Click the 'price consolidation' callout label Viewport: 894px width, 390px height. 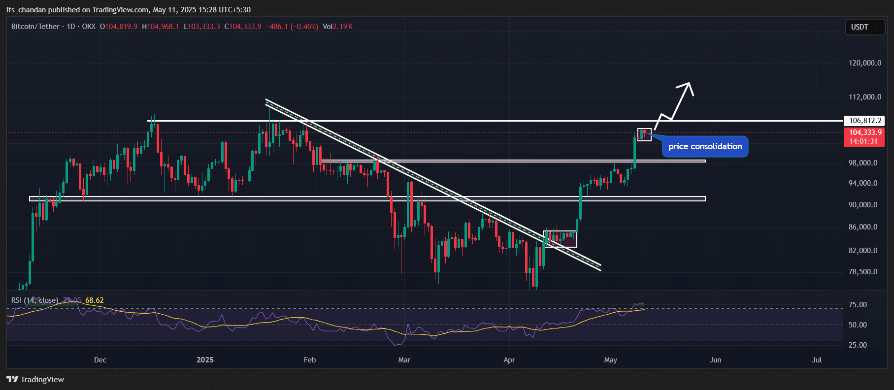[x=705, y=147]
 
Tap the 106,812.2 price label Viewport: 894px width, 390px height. [x=865, y=121]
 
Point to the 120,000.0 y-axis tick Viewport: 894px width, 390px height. [x=865, y=63]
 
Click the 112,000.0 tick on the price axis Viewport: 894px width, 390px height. [x=865, y=97]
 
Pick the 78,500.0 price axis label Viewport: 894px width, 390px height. [x=863, y=272]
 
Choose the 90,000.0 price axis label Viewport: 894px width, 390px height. [x=863, y=205]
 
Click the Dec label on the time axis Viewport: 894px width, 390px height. [x=100, y=360]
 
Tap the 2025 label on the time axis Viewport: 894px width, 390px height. [x=205, y=360]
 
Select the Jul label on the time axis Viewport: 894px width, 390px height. [x=817, y=360]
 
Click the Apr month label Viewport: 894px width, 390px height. [x=509, y=360]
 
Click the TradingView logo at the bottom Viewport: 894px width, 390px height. [x=35, y=379]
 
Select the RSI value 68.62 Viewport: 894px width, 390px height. [x=95, y=300]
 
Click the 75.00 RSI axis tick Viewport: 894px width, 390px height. [x=858, y=305]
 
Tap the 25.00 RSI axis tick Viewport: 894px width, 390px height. [x=858, y=345]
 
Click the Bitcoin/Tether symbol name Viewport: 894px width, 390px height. [x=35, y=27]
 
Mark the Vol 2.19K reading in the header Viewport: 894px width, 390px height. [x=338, y=27]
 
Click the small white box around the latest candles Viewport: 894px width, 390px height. [x=644, y=134]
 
